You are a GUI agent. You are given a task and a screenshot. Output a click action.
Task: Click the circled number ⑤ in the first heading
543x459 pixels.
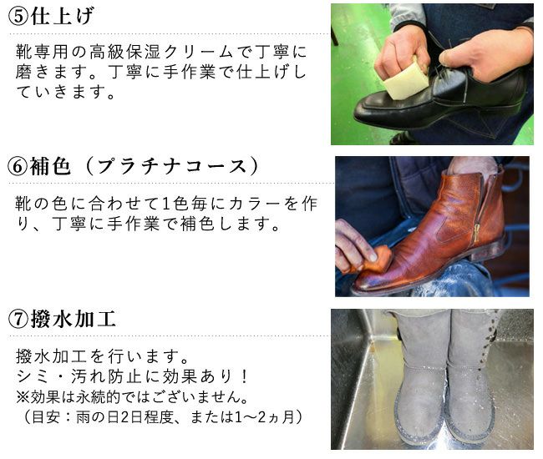[x=18, y=17]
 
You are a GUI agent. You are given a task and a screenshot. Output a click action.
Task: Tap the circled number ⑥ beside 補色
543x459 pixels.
[x=18, y=166]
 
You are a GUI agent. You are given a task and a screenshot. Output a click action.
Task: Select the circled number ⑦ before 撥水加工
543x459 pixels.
[x=18, y=320]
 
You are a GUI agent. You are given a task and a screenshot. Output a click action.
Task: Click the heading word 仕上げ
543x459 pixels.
[x=63, y=16]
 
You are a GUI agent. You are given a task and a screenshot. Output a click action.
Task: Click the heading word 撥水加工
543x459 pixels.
[x=73, y=319]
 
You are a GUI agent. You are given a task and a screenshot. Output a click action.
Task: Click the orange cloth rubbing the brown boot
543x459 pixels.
[x=377, y=260]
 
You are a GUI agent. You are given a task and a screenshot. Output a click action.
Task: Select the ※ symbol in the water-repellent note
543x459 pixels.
[x=23, y=397]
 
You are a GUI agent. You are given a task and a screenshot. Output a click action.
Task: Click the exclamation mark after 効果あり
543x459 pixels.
[x=245, y=376]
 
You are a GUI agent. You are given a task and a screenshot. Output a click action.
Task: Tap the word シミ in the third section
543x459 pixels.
[x=33, y=376]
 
